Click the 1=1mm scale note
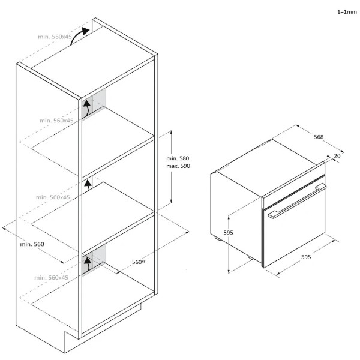point(347,12)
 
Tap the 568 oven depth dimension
point(319,137)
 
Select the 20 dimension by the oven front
point(337,156)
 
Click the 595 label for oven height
point(228,233)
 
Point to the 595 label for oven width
point(306,257)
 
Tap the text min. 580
point(178,158)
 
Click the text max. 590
point(178,166)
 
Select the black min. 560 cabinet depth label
point(32,244)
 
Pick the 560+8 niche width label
point(139,262)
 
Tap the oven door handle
point(297,200)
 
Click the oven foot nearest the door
point(251,258)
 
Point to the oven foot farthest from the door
point(217,239)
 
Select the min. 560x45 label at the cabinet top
point(55,37)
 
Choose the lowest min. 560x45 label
point(51,278)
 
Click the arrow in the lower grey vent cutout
point(87,264)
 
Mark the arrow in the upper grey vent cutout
point(87,109)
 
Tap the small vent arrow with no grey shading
point(88,185)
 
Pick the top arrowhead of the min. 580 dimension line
point(171,132)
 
